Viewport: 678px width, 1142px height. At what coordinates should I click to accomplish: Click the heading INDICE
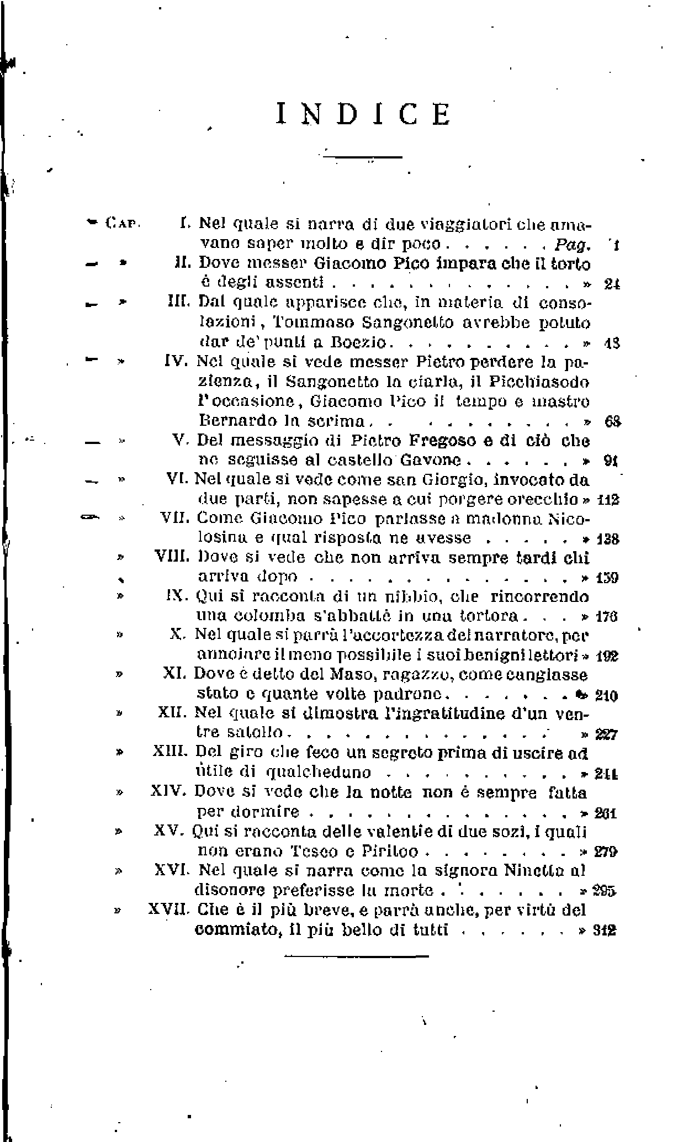[x=363, y=114]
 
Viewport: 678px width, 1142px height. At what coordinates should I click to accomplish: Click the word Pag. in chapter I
[x=573, y=244]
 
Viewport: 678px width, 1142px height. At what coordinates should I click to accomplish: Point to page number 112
[x=608, y=500]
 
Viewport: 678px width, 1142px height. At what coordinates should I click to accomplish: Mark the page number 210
[x=606, y=696]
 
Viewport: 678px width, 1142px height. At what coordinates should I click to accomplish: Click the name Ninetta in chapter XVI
[x=534, y=870]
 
